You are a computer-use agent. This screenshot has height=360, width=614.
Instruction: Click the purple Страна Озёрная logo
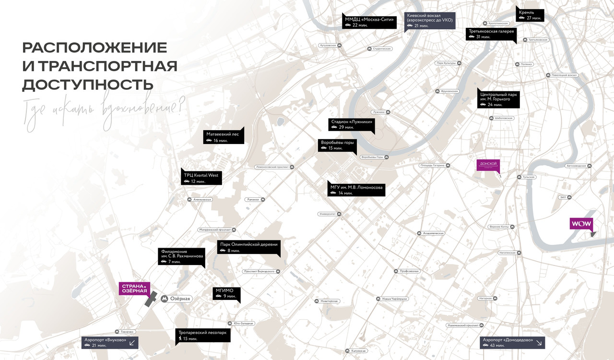coord(134,288)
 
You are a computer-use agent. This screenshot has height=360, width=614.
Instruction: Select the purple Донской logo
coord(488,166)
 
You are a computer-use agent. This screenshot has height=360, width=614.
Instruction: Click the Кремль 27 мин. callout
coord(530,15)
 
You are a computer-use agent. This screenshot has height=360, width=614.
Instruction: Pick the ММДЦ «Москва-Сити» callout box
coord(369,22)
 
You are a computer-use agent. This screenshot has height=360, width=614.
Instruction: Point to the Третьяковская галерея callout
coord(491,34)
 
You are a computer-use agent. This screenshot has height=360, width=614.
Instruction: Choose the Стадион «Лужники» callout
coord(352,124)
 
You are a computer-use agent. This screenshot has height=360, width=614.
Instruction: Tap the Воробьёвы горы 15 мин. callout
coord(338,145)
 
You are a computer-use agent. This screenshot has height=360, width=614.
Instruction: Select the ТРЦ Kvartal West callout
coord(201,178)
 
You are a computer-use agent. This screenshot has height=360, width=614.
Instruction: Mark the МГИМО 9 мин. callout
coord(226,293)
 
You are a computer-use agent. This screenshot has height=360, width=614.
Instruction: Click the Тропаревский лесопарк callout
coord(202,335)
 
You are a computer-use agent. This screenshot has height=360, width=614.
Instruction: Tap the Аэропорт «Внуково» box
coord(109,342)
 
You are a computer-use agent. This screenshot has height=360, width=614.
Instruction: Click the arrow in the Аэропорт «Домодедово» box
coord(539,342)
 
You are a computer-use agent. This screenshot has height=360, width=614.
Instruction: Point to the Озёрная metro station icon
coord(165,299)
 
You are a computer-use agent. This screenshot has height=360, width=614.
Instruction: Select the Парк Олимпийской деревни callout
coord(248,247)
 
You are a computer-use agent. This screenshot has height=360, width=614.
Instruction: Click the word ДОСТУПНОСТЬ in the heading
coord(88,84)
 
